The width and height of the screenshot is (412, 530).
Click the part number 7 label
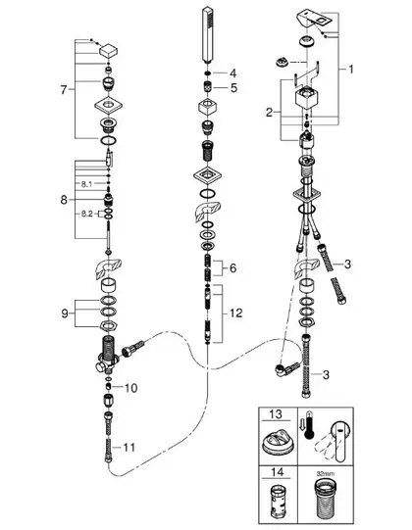click(x=64, y=90)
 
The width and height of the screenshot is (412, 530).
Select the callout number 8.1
click(x=86, y=184)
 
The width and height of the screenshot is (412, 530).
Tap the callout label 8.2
click(x=86, y=214)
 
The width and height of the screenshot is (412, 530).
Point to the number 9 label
click(x=65, y=313)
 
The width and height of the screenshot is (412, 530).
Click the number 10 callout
click(x=131, y=388)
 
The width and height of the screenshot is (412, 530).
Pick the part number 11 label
click(x=129, y=448)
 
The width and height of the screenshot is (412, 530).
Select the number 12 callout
click(x=236, y=313)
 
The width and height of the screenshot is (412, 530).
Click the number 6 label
click(x=232, y=268)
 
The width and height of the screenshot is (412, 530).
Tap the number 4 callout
click(x=232, y=73)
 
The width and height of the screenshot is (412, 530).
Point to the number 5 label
click(x=233, y=88)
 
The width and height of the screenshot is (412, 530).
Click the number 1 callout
click(x=351, y=70)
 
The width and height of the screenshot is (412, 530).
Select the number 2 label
click(x=269, y=113)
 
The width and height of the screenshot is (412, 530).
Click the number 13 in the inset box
click(x=276, y=414)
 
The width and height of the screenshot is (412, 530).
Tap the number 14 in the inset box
click(x=278, y=472)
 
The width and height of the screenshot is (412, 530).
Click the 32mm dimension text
click(x=326, y=473)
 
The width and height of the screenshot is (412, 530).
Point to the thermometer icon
click(x=309, y=425)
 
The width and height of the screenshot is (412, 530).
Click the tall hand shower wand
click(x=207, y=35)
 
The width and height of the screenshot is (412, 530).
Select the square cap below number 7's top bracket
click(x=109, y=51)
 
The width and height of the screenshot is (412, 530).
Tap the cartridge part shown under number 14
click(x=278, y=502)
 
